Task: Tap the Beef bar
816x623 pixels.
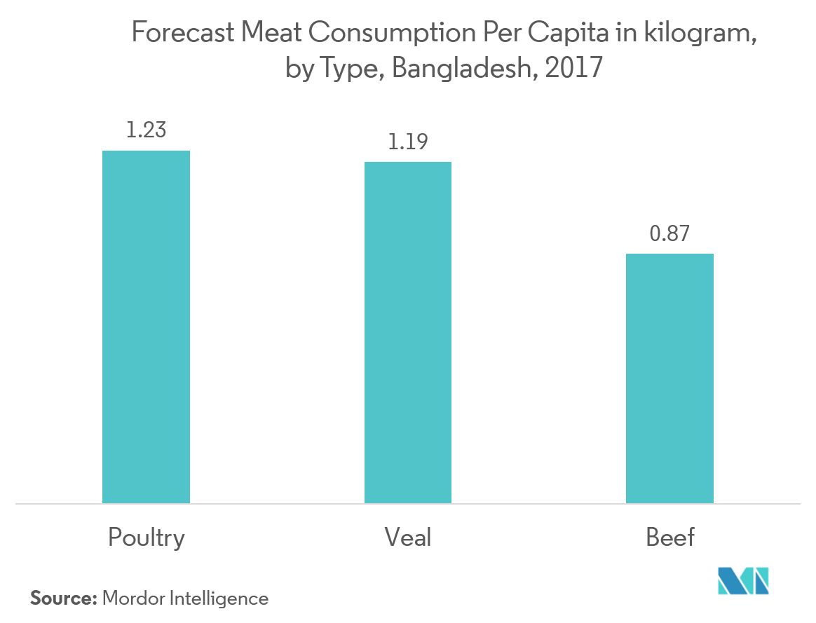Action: tap(669, 378)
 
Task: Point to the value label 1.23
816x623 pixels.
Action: tap(146, 130)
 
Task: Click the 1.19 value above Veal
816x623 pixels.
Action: tap(407, 142)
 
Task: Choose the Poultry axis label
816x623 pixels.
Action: tap(147, 538)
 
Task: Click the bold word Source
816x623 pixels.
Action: tap(62, 598)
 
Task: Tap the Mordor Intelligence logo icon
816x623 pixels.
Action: tap(744, 581)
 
